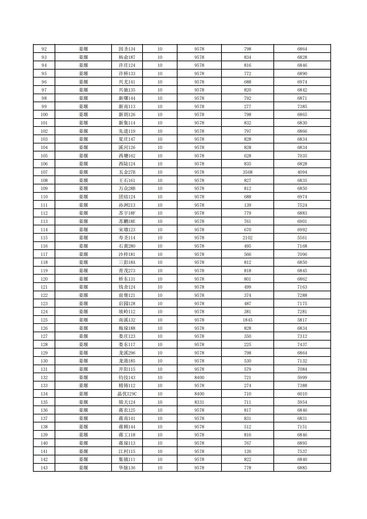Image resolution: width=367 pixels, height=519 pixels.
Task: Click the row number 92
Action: pos(44,49)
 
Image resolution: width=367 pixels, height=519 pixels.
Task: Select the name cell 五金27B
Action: pos(127,172)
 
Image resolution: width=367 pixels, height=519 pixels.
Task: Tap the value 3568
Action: pos(247,172)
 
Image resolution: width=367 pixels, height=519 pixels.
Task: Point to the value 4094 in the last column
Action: pos(302,172)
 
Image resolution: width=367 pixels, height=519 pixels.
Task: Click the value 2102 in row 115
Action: pos(247,238)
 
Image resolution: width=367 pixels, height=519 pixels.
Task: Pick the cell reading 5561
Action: pos(302,238)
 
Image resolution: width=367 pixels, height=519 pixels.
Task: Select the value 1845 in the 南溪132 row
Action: pos(247,320)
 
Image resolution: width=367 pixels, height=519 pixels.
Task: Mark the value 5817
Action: pos(302,320)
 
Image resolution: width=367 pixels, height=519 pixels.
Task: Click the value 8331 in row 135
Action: pos(199,402)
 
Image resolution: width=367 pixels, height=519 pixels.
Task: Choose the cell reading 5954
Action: pos(302,402)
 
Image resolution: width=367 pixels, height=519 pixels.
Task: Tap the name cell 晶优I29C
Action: pos(127,394)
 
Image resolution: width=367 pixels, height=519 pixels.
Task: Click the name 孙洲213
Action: pos(127,205)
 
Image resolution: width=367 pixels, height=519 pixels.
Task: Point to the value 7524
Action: pos(302,205)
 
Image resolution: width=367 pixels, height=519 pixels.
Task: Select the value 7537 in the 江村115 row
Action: pos(302,451)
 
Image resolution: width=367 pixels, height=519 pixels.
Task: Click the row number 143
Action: pos(44,468)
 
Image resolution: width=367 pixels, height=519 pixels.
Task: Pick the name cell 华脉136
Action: pos(127,468)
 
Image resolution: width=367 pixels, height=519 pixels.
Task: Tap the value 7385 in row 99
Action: pos(302,107)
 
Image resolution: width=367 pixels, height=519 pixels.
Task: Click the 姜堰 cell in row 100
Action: pos(83,115)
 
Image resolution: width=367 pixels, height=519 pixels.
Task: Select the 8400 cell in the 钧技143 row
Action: pos(199,378)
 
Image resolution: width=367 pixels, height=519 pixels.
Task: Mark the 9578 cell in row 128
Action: pos(199,345)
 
